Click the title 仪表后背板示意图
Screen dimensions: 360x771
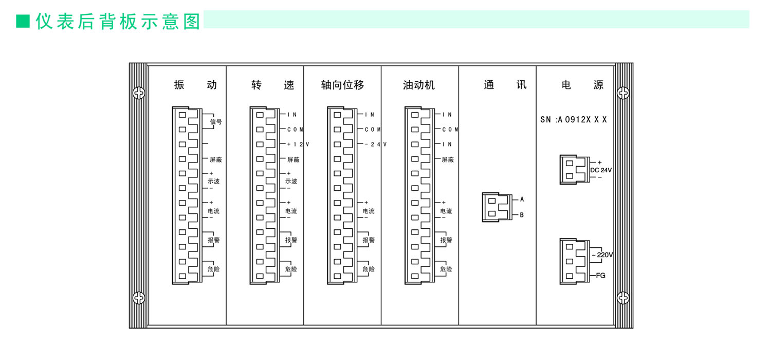(118, 22)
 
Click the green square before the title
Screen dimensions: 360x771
(23, 21)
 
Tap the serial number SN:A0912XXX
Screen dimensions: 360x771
(574, 119)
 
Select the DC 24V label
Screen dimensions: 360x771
(601, 170)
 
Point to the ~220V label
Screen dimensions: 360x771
(602, 255)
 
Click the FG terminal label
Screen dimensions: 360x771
(600, 276)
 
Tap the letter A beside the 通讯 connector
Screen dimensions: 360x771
(522, 199)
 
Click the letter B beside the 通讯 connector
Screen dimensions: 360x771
(522, 215)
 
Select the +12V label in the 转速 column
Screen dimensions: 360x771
(298, 145)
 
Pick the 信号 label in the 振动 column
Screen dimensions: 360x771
(216, 122)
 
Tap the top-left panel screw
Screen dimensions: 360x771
(139, 93)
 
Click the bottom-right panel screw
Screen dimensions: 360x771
(623, 297)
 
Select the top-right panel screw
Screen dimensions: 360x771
(623, 93)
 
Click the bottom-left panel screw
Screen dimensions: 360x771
(139, 297)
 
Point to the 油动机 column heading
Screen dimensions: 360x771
(419, 85)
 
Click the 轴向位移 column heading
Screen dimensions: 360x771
(342, 85)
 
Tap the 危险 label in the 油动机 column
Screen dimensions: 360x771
(446, 269)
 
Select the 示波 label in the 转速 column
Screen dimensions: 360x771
(291, 181)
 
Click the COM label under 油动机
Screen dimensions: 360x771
(450, 130)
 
